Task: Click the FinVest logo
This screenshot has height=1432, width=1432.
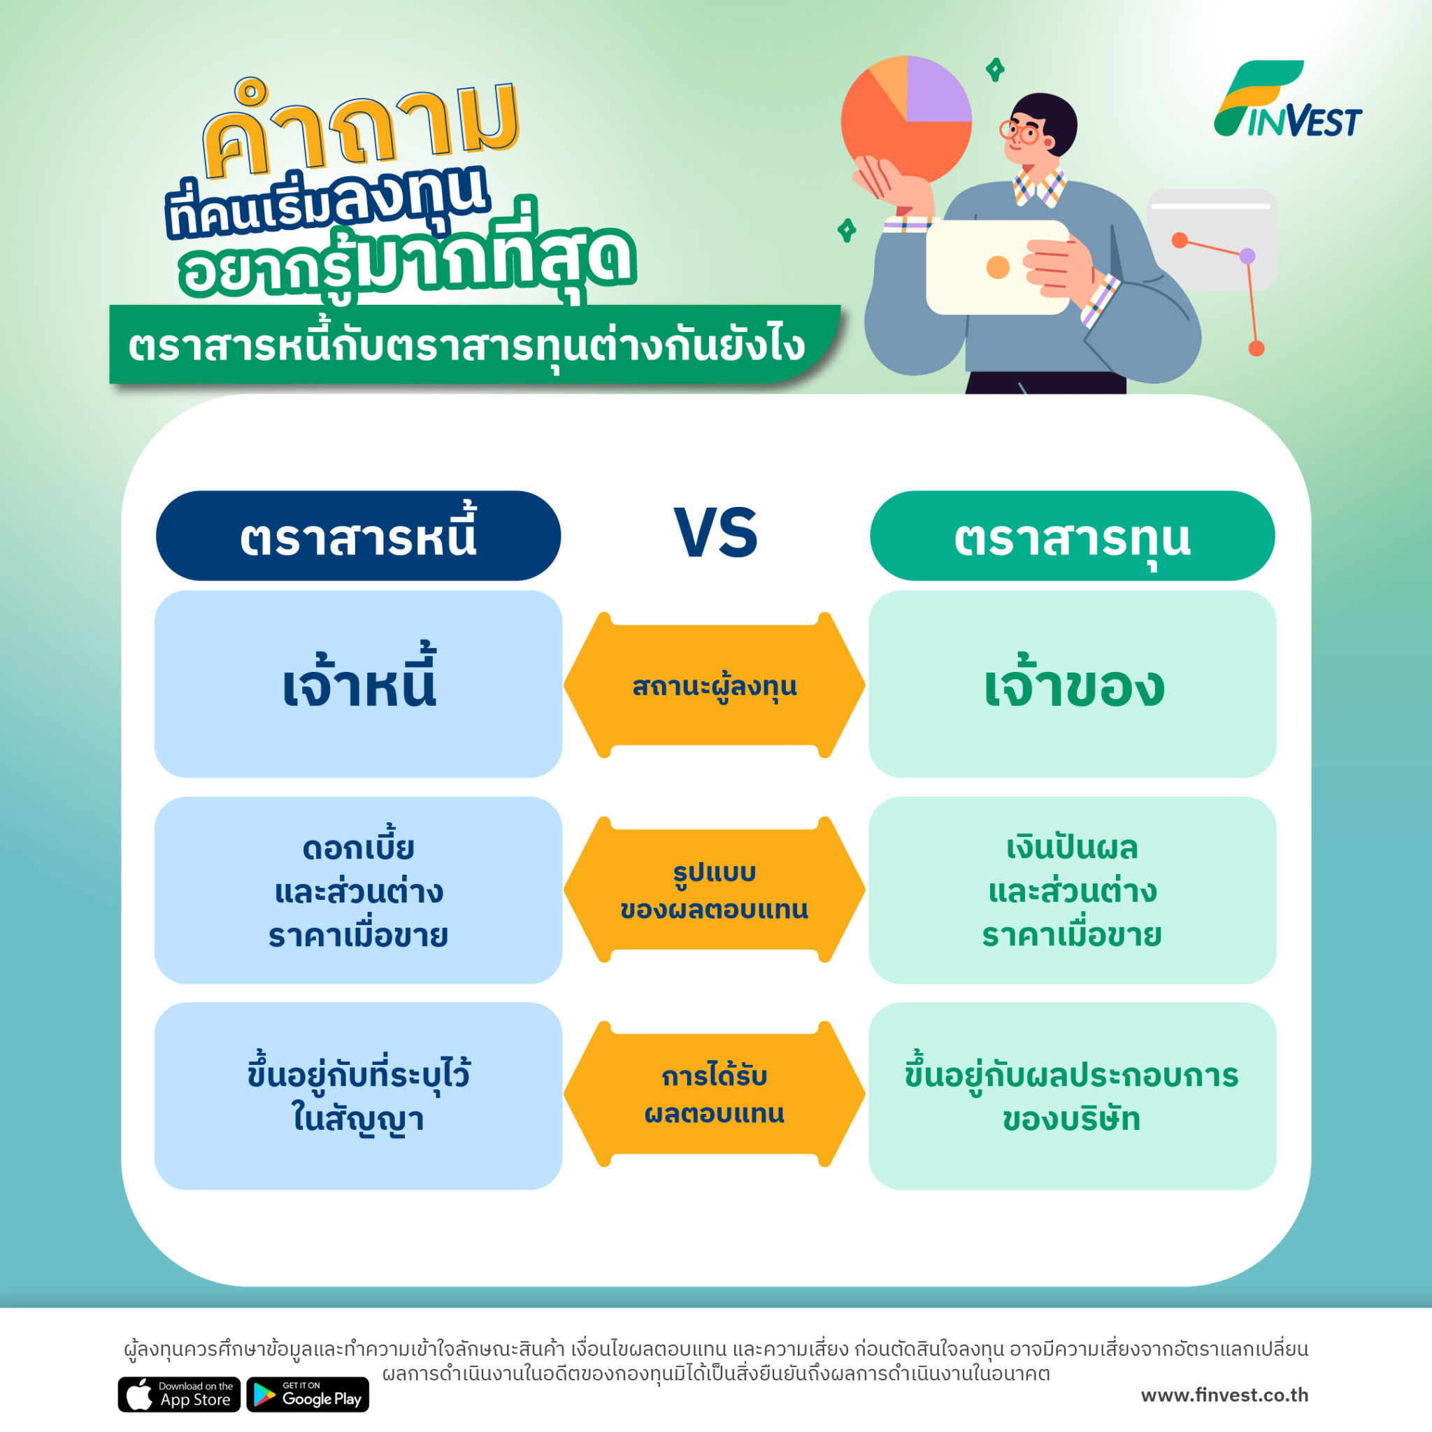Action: [1287, 100]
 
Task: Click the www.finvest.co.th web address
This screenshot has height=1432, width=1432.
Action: [1224, 1395]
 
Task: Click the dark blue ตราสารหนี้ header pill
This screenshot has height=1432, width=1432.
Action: [358, 535]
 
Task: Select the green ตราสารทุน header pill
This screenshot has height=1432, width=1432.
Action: [1072, 535]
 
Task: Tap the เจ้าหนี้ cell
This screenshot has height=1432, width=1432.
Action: [358, 683]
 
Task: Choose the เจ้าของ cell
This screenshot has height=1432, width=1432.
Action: [1072, 683]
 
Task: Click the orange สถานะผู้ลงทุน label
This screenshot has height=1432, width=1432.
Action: [715, 686]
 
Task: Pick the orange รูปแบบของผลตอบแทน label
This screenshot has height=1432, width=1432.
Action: [715, 889]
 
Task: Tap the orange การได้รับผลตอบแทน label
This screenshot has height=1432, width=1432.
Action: [715, 1094]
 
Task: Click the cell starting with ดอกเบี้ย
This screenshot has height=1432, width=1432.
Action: [358, 890]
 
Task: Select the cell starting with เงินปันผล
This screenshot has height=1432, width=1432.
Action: [1072, 890]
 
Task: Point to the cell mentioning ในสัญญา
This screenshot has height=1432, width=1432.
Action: [358, 1096]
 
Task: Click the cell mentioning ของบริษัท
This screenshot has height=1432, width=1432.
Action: [1072, 1096]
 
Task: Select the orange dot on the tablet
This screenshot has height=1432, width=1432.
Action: [998, 267]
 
